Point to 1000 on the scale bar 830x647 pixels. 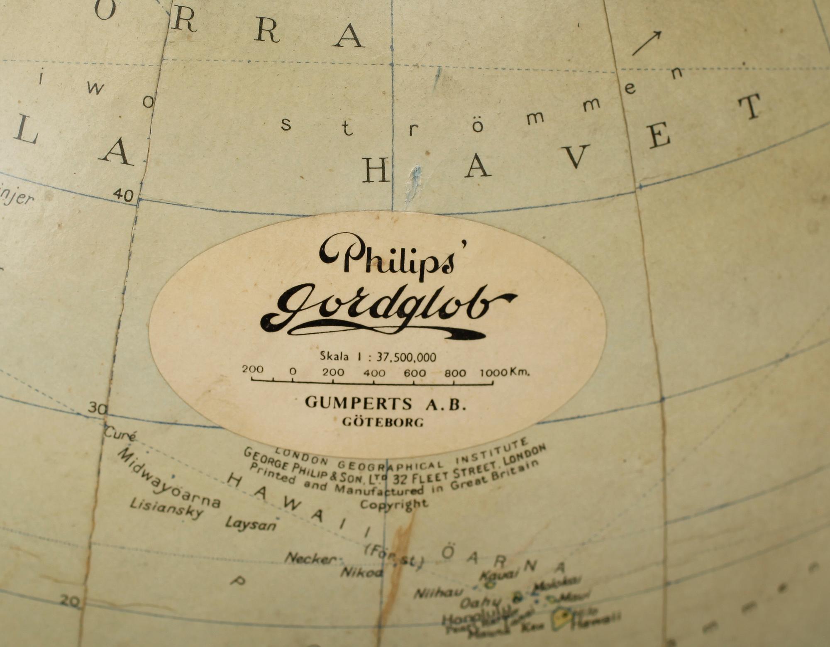(493, 372)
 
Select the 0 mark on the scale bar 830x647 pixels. (293, 371)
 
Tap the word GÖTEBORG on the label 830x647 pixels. (383, 422)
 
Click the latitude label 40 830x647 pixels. (123, 194)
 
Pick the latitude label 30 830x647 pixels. (97, 408)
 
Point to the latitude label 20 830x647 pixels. (69, 601)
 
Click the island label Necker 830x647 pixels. (310, 559)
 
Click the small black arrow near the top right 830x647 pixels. (646, 43)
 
